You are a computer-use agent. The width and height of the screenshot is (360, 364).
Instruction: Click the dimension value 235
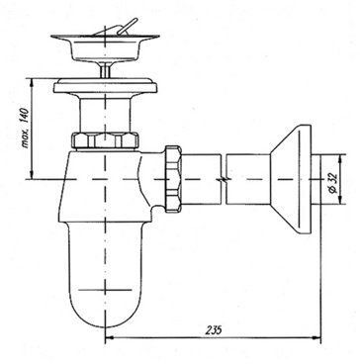click(x=215, y=329)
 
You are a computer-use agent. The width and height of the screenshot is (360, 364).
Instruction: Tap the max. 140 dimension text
click(x=27, y=129)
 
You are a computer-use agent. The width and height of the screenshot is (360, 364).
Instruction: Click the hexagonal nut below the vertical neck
click(x=105, y=139)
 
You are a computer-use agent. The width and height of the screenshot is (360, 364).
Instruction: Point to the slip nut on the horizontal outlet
click(x=173, y=179)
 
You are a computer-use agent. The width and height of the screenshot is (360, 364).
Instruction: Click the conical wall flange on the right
click(x=291, y=179)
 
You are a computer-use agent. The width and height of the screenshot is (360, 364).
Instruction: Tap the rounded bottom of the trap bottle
click(x=105, y=310)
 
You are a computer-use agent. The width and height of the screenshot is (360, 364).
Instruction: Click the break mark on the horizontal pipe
click(x=224, y=179)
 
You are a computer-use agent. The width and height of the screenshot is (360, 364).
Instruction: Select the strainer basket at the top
click(x=105, y=48)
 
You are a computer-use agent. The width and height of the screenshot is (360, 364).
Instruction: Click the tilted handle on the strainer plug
click(x=127, y=26)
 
